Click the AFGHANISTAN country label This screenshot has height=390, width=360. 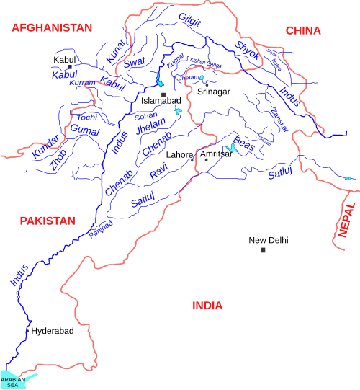coord(52,27)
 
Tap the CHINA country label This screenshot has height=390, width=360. coord(303,30)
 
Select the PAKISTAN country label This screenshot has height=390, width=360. coord(48,221)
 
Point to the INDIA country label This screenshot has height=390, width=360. coord(207,306)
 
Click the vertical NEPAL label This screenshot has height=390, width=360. coord(349,221)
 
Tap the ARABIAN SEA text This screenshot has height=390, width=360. coord(12,382)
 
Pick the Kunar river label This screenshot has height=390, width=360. coord(115,50)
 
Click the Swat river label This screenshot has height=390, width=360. coord(135,63)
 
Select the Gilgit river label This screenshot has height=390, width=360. coord(189,20)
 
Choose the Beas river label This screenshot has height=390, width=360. coord(245,146)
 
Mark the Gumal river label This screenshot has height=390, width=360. coord(84,130)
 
